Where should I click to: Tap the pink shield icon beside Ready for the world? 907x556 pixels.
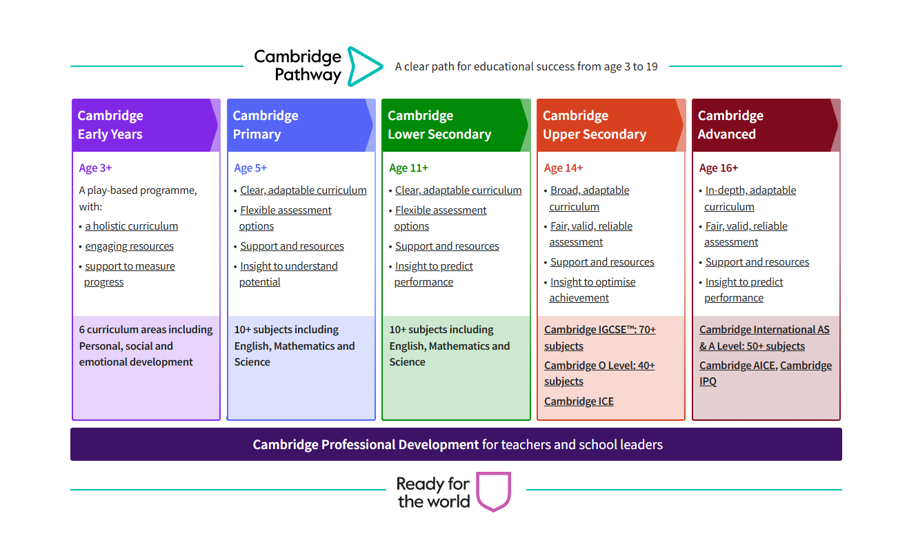tap(494, 491)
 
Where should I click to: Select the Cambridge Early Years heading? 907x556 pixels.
tap(110, 125)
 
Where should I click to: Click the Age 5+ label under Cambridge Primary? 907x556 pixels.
tap(250, 168)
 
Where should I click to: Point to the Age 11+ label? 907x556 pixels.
tap(408, 168)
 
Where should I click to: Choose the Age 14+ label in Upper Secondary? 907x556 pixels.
tap(564, 168)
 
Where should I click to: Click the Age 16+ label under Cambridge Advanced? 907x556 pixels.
tap(719, 168)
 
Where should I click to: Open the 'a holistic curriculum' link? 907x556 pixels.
tap(131, 226)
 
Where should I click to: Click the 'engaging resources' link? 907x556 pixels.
tap(129, 246)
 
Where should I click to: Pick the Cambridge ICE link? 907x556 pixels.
tap(579, 401)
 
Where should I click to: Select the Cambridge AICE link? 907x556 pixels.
tap(737, 366)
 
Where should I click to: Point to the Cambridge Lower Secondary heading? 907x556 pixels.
tap(439, 125)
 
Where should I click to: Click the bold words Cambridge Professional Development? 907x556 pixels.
tap(366, 445)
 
